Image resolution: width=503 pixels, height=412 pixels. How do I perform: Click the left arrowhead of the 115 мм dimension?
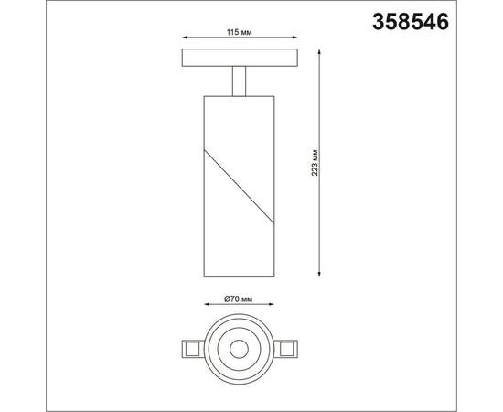tap(187, 42)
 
